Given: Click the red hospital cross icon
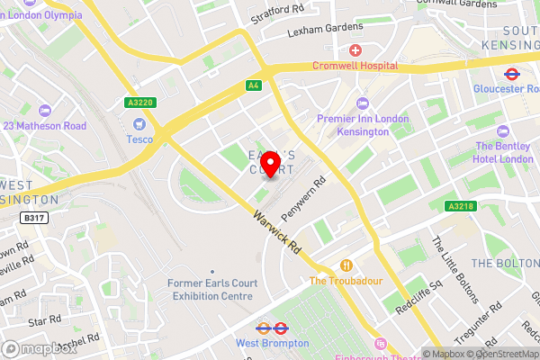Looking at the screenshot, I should coord(355,49).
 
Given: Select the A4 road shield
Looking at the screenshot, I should coord(254,86).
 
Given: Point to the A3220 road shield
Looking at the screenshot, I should coord(141,102).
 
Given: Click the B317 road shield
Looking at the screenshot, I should coord(33,218).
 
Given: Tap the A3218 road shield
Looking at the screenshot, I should coord(459,206).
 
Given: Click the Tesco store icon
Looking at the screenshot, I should coord(139,123).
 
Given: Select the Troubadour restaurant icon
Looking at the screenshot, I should coord(346,265).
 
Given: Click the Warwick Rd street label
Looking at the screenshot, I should coord(276,231).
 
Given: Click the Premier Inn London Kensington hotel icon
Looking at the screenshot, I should coord(363,103).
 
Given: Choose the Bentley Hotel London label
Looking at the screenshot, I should coord(504,152).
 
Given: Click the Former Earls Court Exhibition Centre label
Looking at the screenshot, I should coord(211,289).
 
